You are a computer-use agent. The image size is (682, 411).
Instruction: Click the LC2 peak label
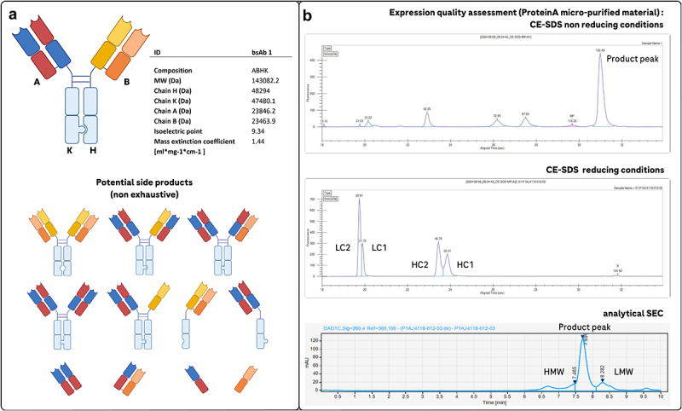pos(344,247)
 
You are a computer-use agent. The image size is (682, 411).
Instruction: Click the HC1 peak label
pos(466,264)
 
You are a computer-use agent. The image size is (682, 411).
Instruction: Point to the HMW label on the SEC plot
pos(555,372)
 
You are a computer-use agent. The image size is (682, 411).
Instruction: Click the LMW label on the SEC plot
pos(623,372)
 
